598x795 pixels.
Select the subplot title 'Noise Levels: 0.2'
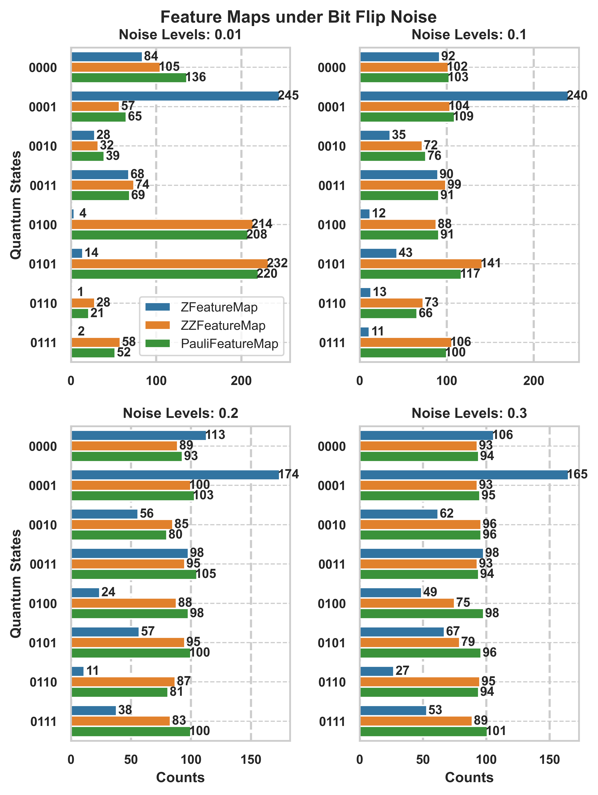point(181,413)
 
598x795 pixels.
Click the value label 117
point(470,274)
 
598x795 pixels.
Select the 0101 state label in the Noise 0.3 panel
point(332,643)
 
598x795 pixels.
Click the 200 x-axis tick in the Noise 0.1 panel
point(533,381)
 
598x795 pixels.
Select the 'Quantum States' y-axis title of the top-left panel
point(16,205)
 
